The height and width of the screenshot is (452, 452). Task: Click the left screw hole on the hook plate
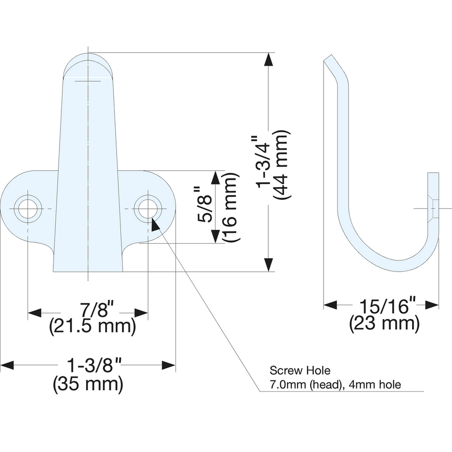28,208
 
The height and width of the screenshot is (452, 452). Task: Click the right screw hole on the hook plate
147,208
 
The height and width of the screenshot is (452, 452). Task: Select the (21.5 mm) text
93,327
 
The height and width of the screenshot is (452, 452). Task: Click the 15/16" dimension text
384,306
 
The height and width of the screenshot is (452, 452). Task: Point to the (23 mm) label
384,324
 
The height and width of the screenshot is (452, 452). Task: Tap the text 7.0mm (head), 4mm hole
335,384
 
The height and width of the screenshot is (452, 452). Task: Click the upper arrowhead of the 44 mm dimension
269,59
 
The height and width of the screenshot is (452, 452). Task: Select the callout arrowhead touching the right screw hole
155,224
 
